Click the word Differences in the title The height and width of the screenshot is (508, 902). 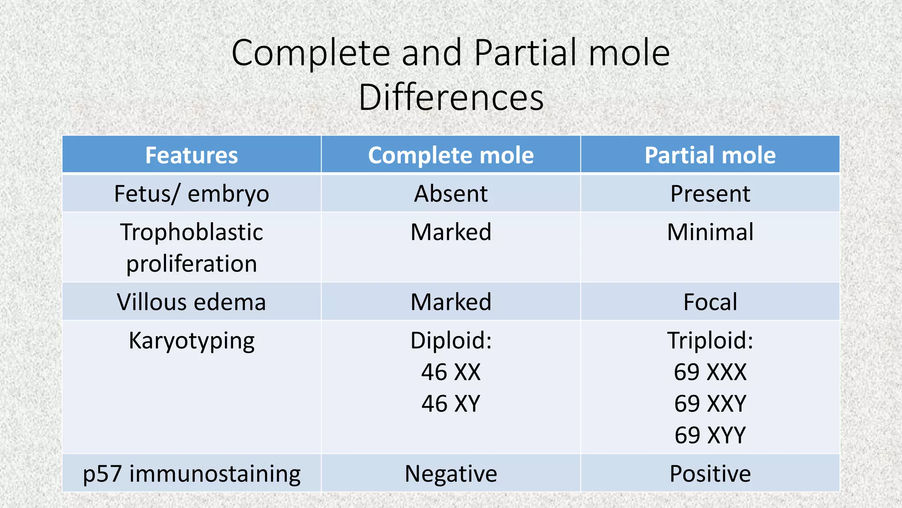tap(451, 97)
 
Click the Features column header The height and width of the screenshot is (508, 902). tap(192, 155)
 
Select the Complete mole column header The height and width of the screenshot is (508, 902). tap(451, 155)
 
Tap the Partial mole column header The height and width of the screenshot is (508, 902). tap(710, 155)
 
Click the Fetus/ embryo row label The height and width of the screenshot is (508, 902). tap(192, 194)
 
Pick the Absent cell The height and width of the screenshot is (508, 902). tap(451, 194)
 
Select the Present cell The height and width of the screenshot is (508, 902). tap(710, 194)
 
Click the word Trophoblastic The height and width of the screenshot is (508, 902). tap(192, 232)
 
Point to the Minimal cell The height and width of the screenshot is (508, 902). tap(710, 232)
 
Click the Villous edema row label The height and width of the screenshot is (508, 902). tap(192, 302)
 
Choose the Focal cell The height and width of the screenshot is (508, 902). tap(710, 302)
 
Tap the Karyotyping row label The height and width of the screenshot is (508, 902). tap(192, 341)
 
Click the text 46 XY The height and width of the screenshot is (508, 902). tap(451, 403)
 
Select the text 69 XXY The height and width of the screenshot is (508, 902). tap(710, 403)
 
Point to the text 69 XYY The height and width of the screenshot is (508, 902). tap(710, 435)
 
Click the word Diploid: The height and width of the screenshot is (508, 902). tap(451, 340)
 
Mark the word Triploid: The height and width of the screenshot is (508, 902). tap(710, 340)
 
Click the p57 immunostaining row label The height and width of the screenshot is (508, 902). tap(192, 474)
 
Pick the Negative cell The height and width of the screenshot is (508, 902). tap(451, 474)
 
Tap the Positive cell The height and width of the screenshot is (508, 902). tap(710, 474)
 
